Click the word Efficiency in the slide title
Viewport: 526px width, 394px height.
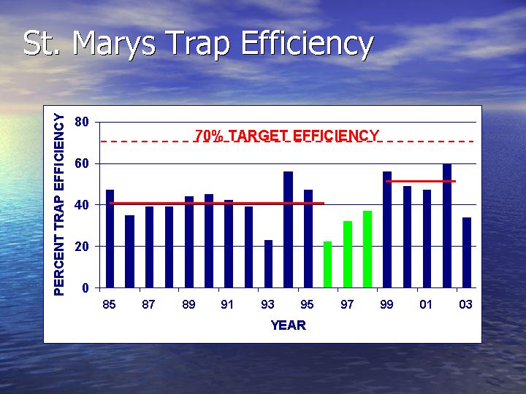pos(308,44)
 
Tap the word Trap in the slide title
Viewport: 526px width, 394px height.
pos(198,45)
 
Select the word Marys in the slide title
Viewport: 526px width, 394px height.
pos(115,43)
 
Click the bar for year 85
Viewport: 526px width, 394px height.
pos(110,239)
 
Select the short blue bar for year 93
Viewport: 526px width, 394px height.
pos(268,263)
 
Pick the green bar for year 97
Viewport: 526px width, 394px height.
pos(348,255)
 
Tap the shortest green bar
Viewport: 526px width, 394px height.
pos(328,265)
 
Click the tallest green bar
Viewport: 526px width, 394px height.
pos(367,250)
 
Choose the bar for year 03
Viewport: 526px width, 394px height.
pos(467,252)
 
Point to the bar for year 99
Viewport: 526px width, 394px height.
pos(387,230)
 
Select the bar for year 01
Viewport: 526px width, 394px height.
pos(427,239)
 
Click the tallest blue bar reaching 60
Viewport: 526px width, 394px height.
pos(447,225)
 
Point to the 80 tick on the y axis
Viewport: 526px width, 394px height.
pos(82,122)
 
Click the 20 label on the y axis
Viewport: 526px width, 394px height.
pos(82,247)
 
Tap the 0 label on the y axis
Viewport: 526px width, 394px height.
pos(85,287)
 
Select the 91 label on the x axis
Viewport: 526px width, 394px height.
pos(227,304)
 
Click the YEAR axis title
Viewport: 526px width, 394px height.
pos(289,325)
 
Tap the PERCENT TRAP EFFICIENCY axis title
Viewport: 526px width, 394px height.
pos(59,204)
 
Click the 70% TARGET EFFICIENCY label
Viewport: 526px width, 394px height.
pos(287,136)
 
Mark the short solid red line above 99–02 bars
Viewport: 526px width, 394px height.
pos(421,181)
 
